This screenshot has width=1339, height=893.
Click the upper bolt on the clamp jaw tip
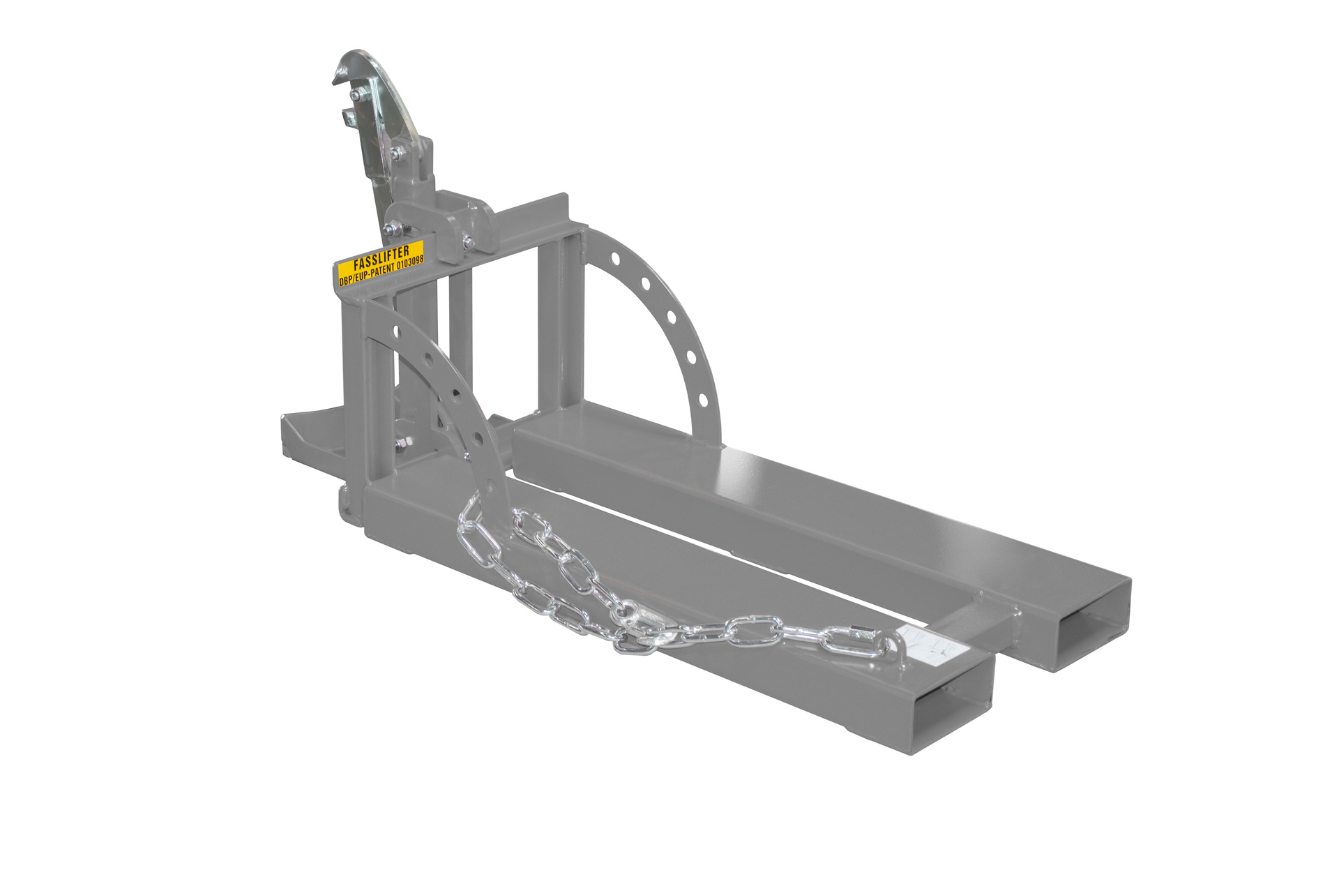357,94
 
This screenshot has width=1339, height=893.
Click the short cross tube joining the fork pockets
976,617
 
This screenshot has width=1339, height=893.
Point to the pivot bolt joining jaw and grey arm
396,154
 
